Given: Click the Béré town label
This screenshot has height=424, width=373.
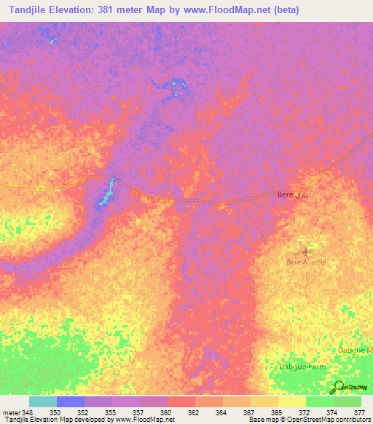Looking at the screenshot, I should tap(286, 195).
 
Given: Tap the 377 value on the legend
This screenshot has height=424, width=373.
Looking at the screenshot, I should tap(359, 412).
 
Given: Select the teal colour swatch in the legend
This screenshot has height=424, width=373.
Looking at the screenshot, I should tap(42, 401).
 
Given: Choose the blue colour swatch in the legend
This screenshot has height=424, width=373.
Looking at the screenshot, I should tap(71, 401).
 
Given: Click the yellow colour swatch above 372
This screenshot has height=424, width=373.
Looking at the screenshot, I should tap(292, 401).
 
